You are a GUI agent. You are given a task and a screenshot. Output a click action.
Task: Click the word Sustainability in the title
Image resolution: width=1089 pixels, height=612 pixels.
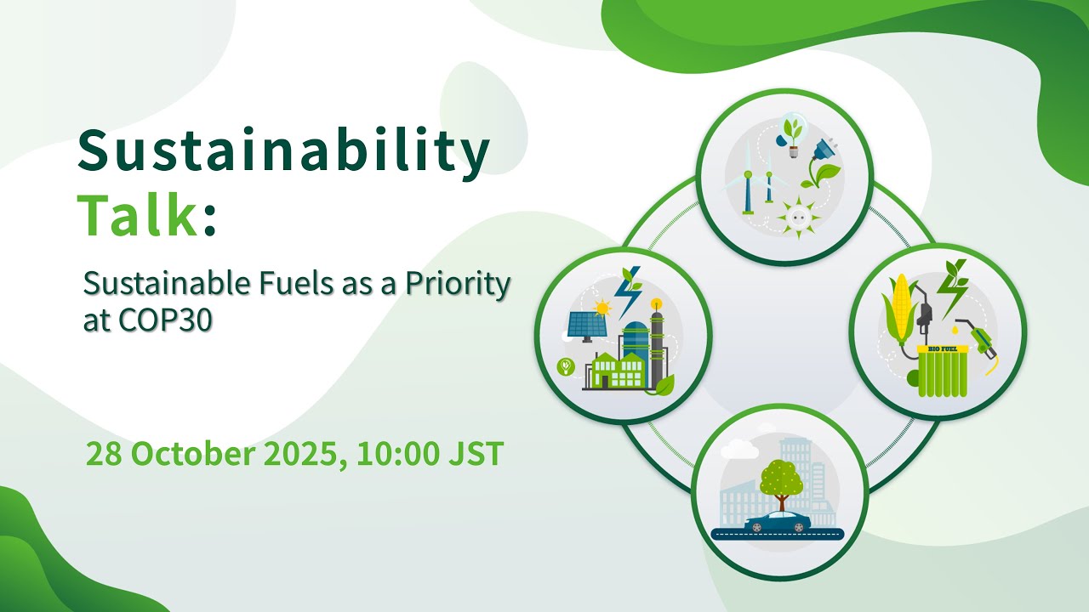tap(283, 152)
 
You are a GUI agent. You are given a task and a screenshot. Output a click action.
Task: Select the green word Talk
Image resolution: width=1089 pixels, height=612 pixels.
tap(138, 216)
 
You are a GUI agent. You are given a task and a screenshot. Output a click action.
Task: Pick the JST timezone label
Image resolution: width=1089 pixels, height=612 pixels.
tap(474, 455)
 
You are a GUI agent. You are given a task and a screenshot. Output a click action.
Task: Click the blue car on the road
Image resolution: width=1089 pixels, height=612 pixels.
tap(777, 522)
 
